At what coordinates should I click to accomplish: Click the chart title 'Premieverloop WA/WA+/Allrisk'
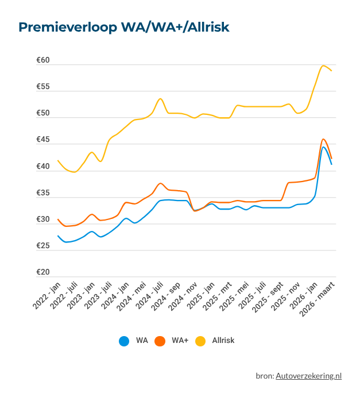click(x=124, y=28)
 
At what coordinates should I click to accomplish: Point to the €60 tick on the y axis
click(x=43, y=60)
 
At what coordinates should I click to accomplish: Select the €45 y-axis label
click(x=43, y=140)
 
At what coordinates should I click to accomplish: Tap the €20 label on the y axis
click(x=43, y=273)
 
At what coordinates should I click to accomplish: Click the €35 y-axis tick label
click(x=43, y=193)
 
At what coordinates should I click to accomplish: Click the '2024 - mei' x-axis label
click(x=132, y=296)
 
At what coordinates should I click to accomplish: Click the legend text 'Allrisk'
click(x=223, y=341)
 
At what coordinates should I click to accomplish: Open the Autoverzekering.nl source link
click(x=308, y=376)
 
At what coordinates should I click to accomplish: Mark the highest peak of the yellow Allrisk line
click(x=324, y=65)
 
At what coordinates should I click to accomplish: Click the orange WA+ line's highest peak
click(x=323, y=139)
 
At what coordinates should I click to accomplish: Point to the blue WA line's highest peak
click(x=324, y=147)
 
